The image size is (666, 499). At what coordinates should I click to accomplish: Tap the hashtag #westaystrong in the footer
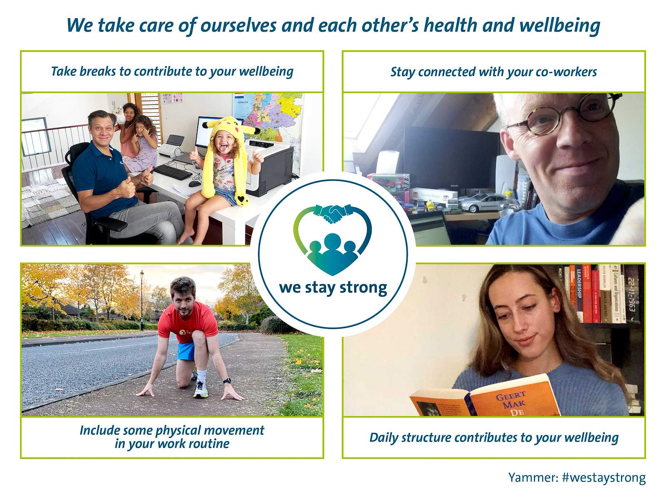click(x=604, y=477)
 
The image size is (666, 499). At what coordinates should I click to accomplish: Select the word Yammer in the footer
click(x=532, y=477)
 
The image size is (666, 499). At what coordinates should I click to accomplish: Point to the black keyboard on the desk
click(x=172, y=172)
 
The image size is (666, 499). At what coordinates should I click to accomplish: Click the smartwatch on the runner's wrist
click(x=227, y=381)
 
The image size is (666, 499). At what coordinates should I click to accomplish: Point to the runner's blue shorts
click(x=186, y=351)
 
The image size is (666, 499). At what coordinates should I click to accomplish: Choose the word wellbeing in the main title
click(x=559, y=25)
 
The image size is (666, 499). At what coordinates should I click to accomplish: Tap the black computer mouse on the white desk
click(x=194, y=184)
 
